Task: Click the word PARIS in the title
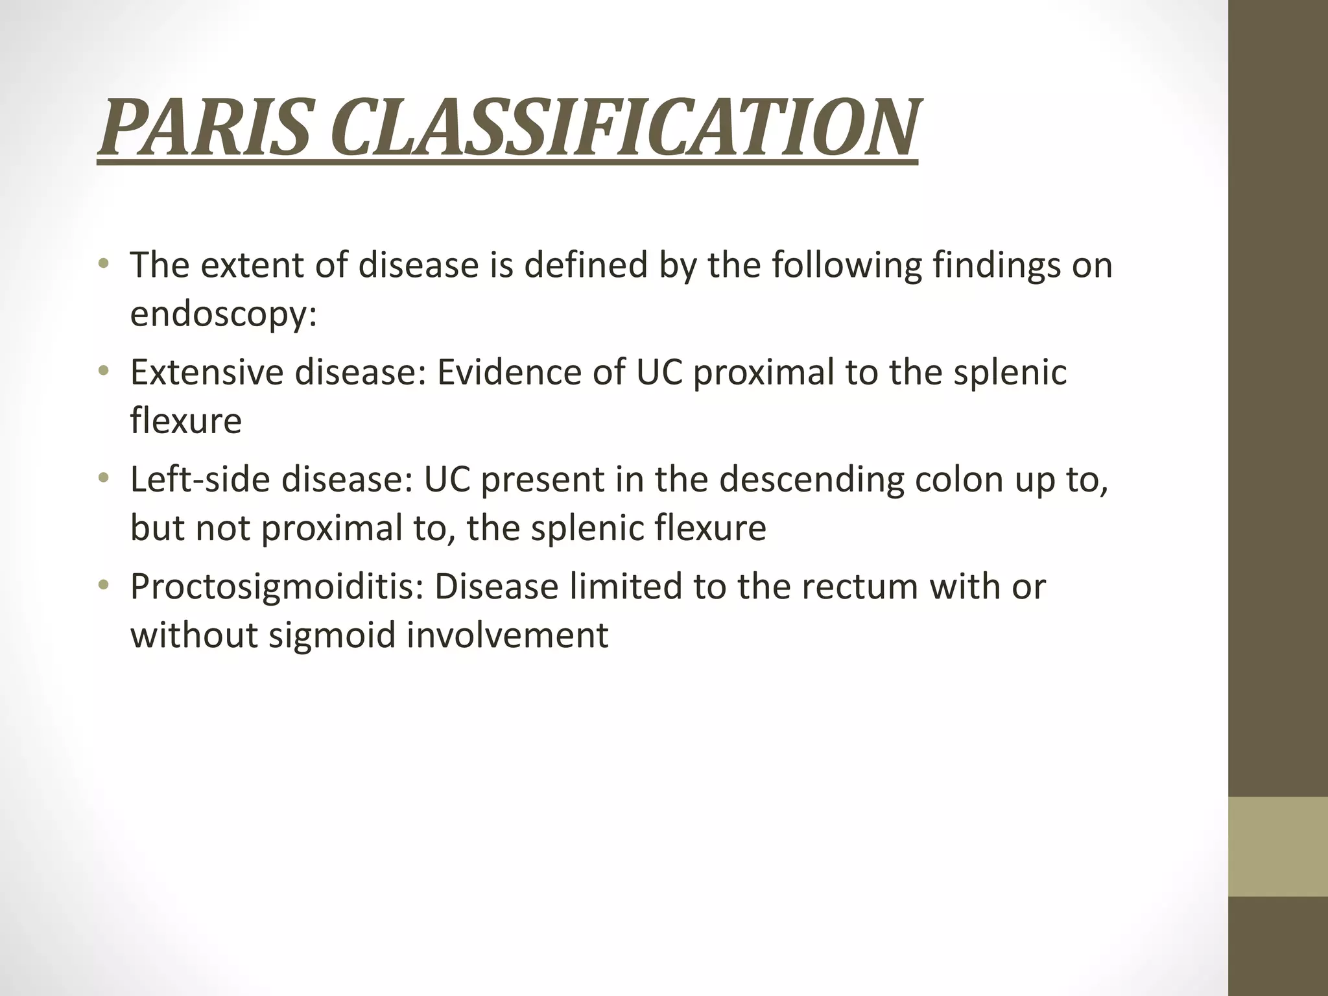click(207, 127)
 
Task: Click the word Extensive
click(207, 372)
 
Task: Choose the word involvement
click(508, 634)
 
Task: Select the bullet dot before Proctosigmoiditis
click(102, 586)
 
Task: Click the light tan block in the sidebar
click(1278, 846)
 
